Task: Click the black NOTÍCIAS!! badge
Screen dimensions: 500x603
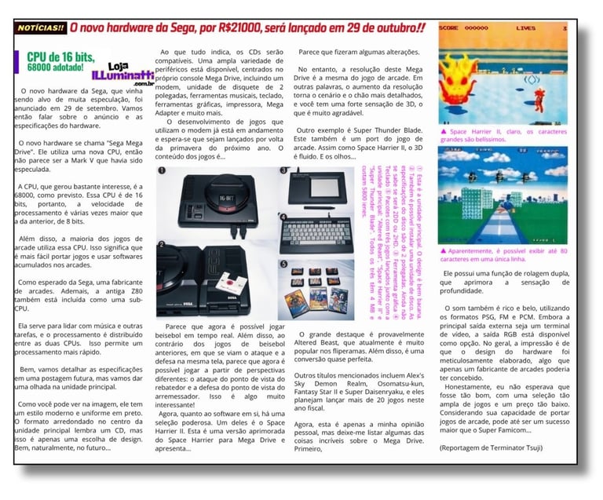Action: [x=41, y=28]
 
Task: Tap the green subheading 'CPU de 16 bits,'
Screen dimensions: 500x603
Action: [x=60, y=57]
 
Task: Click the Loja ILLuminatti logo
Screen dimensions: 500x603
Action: [x=110, y=74]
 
